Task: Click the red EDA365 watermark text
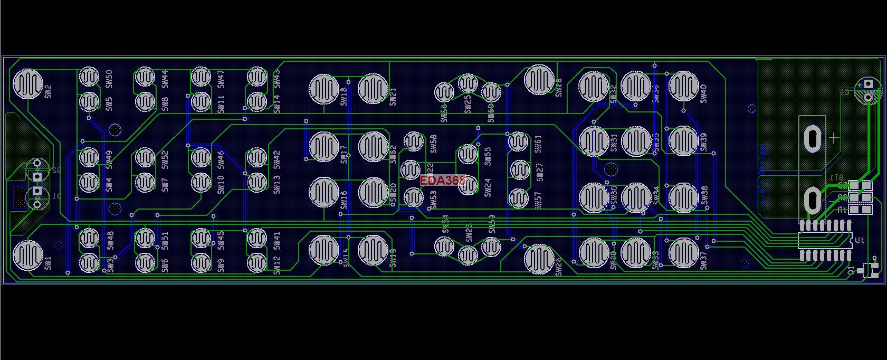(443, 181)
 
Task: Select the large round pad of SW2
(28, 83)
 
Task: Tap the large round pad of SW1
(28, 254)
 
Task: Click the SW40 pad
(683, 86)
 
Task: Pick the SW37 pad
(683, 252)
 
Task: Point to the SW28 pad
(539, 79)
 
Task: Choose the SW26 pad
(539, 259)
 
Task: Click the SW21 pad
(373, 89)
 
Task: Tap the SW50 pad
(89, 77)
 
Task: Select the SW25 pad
(468, 83)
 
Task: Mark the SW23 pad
(468, 255)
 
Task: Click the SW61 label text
(538, 144)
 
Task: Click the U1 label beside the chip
(859, 241)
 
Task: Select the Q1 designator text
(851, 270)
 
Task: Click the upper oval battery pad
(812, 138)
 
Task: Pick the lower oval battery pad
(812, 200)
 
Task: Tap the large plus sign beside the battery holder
(833, 138)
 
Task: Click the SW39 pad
(683, 141)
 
